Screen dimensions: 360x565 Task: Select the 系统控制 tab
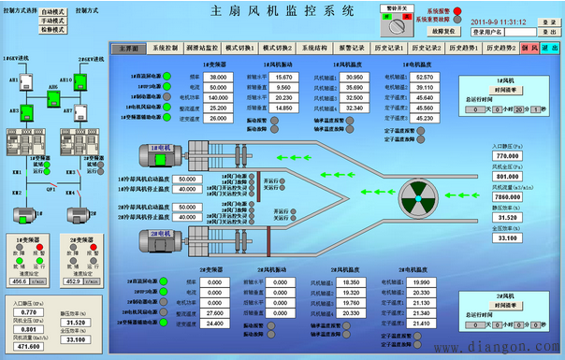166,47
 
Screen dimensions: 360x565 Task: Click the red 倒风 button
529,47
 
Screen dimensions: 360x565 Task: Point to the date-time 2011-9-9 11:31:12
523,20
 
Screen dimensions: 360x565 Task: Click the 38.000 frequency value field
219,76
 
